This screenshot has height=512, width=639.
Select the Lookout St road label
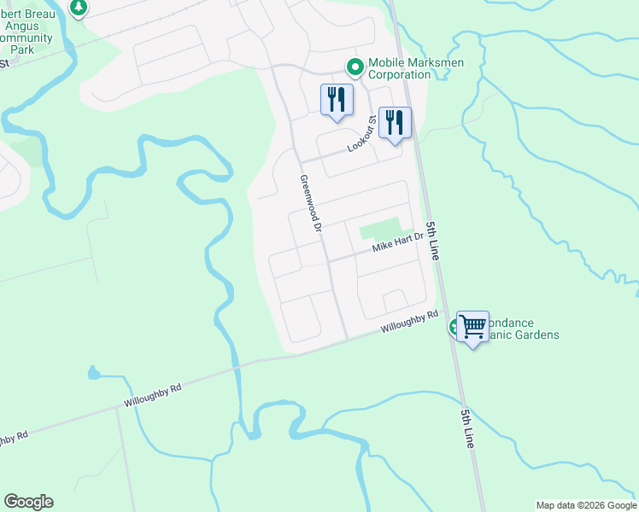point(363,136)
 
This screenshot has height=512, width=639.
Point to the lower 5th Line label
point(467,429)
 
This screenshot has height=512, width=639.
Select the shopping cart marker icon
point(472,326)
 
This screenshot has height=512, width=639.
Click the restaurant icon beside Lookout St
point(395,121)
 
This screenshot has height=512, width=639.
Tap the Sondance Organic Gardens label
point(517,329)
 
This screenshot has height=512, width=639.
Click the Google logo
point(28,502)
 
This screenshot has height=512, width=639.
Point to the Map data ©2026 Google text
point(586,505)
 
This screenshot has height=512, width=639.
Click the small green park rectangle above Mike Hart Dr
point(380,229)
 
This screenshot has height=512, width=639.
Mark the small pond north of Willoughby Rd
point(92,373)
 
